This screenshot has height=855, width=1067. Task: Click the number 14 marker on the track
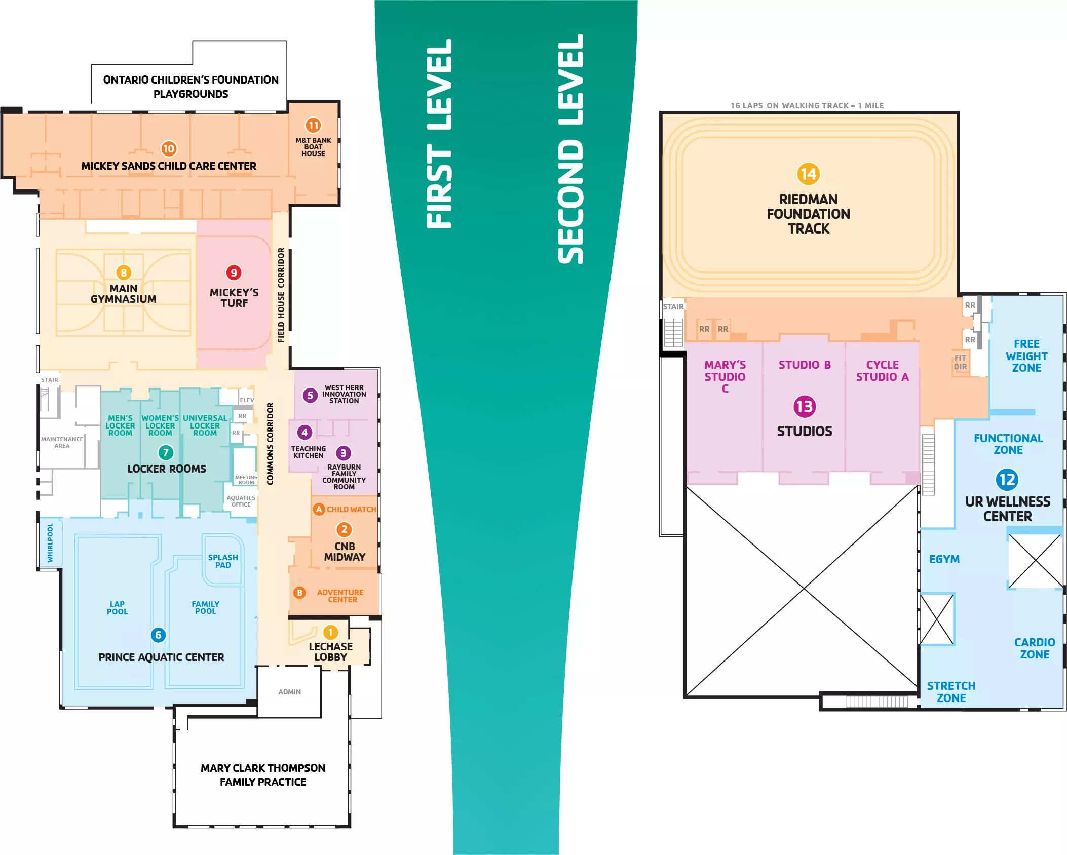[x=808, y=174]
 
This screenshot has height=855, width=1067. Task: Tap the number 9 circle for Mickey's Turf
[x=234, y=273]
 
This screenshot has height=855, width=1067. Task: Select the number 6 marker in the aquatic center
[x=158, y=635]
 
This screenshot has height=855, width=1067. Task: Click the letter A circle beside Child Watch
[x=319, y=509]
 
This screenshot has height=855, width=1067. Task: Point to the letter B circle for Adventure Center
[x=299, y=592]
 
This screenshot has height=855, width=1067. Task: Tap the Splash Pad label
[x=223, y=561]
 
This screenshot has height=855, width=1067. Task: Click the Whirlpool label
[x=50, y=543]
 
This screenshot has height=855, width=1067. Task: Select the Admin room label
[x=289, y=692]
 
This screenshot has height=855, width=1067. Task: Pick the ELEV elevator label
[x=247, y=400]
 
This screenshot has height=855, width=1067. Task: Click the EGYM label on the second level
[x=944, y=559]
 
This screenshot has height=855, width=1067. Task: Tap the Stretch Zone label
[x=951, y=692]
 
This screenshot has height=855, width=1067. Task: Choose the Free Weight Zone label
[x=1026, y=356]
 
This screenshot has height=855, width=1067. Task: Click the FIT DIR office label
[x=960, y=362]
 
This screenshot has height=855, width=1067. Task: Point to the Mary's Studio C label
[x=725, y=377]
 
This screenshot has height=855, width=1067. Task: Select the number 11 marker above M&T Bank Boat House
[x=313, y=125]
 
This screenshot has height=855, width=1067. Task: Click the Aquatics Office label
[x=241, y=501]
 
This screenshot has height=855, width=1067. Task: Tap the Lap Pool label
[x=117, y=608]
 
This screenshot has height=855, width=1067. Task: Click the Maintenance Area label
[x=62, y=443]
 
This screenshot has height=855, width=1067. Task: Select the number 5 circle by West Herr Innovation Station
[x=310, y=395]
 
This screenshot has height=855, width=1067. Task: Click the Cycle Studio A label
[x=882, y=371]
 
